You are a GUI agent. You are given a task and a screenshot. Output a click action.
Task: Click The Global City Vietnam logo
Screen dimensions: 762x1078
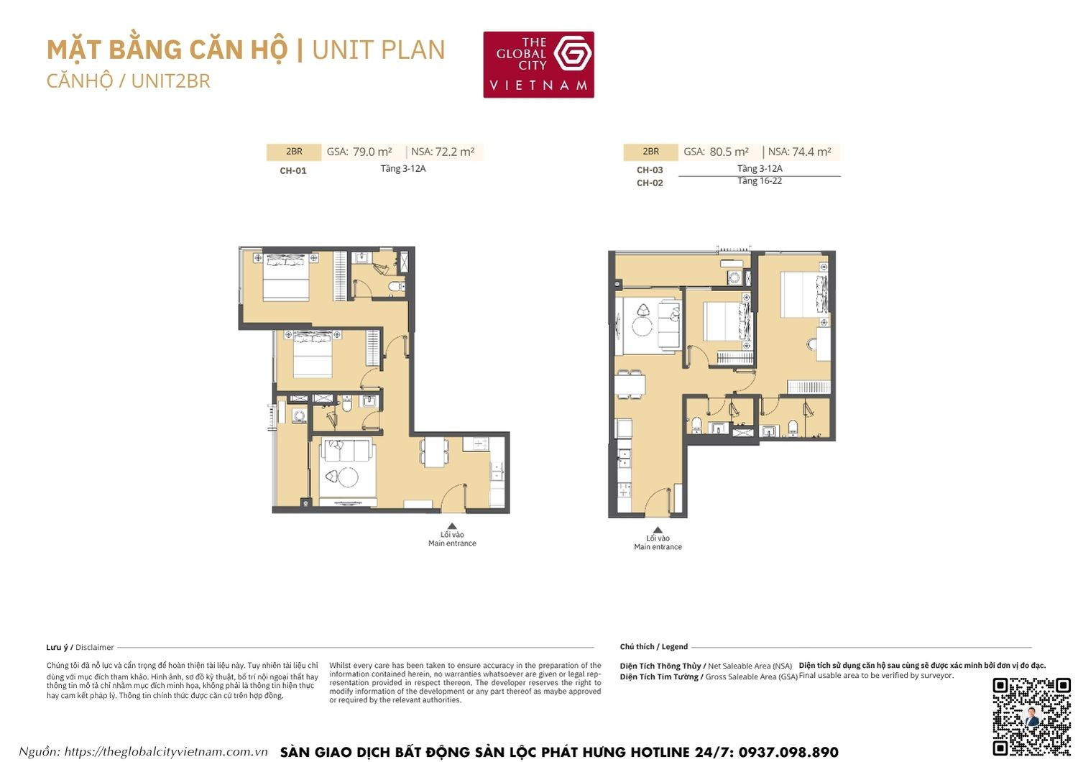tap(538, 65)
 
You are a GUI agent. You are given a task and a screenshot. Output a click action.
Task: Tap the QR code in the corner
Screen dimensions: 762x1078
tap(1031, 716)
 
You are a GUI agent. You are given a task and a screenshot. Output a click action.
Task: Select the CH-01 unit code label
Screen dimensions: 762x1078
tap(293, 171)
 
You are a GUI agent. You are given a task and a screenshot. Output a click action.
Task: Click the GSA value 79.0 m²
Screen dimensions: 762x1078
tap(372, 152)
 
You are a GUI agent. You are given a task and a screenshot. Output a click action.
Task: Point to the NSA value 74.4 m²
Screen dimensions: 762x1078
tap(811, 152)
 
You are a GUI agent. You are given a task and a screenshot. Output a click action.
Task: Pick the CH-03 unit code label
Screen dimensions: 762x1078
tap(650, 170)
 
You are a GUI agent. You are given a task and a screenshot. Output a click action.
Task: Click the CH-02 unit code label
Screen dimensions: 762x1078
tap(650, 183)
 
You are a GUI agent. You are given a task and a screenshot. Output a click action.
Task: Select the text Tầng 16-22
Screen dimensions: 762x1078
tap(760, 181)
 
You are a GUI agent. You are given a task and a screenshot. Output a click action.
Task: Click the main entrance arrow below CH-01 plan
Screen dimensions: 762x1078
tap(452, 527)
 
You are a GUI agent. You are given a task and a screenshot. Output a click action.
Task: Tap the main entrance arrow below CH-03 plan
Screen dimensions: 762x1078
tap(658, 531)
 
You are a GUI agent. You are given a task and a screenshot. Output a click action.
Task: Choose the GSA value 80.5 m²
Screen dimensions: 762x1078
tap(729, 152)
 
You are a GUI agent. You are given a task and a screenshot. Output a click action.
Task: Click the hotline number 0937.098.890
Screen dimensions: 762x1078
tap(788, 752)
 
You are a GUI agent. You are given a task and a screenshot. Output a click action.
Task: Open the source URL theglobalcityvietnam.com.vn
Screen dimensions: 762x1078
tap(165, 752)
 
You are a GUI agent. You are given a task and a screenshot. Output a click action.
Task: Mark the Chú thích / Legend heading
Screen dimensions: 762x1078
tap(654, 647)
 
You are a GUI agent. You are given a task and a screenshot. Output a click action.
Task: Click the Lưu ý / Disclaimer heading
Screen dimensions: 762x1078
tap(80, 647)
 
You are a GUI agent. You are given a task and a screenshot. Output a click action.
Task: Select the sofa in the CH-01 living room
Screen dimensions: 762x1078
tap(348, 451)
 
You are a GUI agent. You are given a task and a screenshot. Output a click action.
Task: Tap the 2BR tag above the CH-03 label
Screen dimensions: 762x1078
tap(651, 152)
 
